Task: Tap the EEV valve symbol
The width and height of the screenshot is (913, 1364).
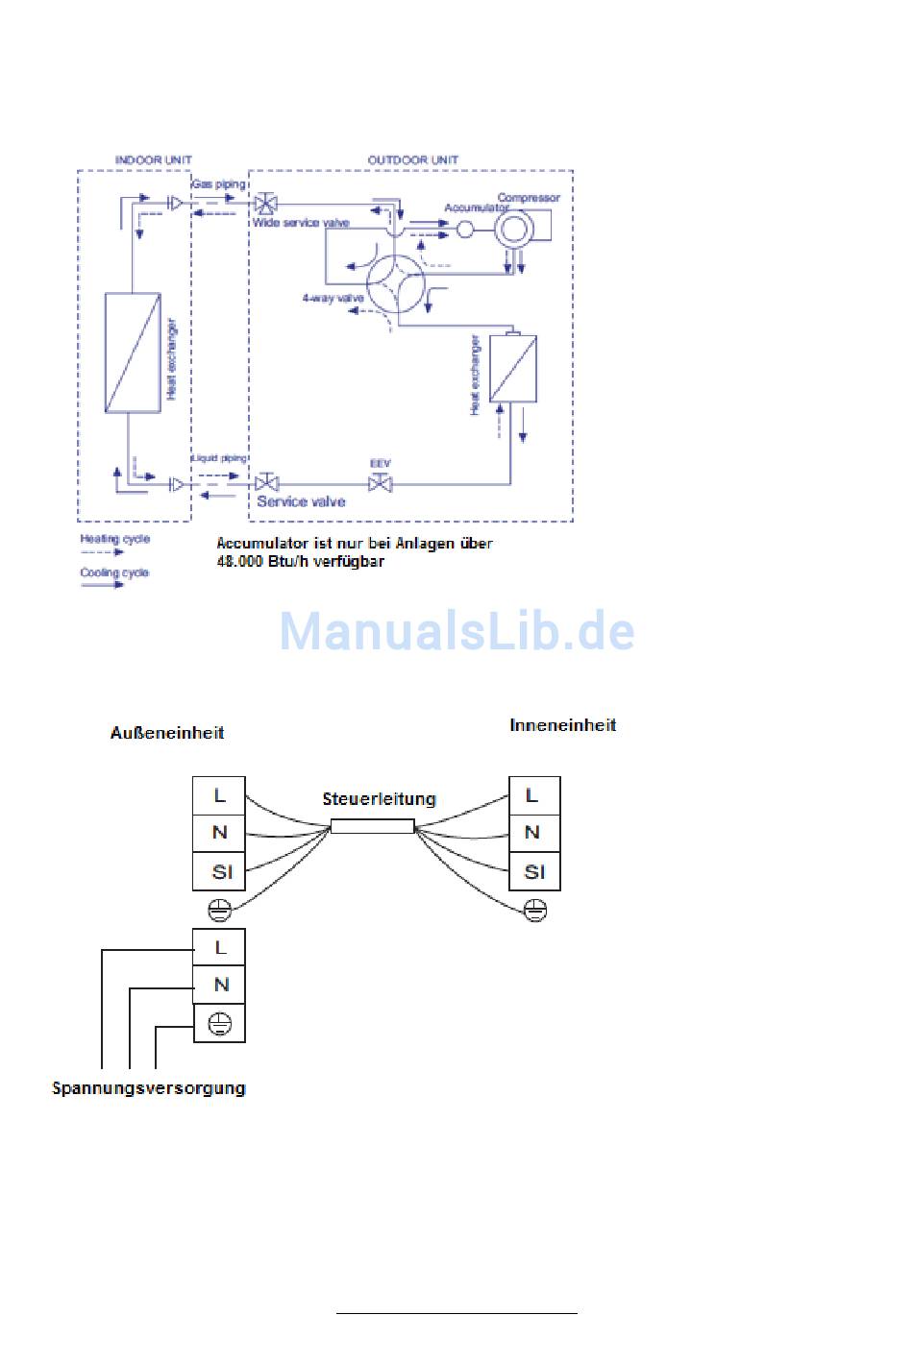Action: (x=381, y=482)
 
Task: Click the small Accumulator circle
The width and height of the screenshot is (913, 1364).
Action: (x=465, y=230)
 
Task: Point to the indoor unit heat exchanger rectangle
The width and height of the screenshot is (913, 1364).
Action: (x=133, y=353)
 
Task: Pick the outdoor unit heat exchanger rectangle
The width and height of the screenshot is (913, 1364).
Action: (x=513, y=368)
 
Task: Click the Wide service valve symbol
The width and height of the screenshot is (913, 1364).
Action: (x=266, y=204)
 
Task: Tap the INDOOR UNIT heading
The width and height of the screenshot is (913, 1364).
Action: (x=153, y=159)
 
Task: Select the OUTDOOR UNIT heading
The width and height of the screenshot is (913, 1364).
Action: (x=413, y=159)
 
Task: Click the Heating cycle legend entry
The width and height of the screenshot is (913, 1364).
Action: (x=114, y=539)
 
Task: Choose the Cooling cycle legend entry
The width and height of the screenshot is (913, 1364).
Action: (x=114, y=573)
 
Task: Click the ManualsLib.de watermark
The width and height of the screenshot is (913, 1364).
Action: (x=456, y=631)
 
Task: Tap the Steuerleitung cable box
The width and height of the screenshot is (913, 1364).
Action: (x=372, y=826)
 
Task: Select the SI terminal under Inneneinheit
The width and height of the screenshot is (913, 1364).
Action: (x=534, y=872)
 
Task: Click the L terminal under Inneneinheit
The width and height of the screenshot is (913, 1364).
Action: (x=533, y=795)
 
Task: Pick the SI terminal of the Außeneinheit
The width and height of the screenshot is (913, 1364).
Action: (x=220, y=872)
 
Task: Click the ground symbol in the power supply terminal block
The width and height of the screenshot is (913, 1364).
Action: (x=220, y=1023)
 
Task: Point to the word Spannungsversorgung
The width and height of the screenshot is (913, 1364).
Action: (x=149, y=1088)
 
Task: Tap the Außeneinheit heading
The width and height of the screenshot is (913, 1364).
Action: (x=167, y=733)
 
